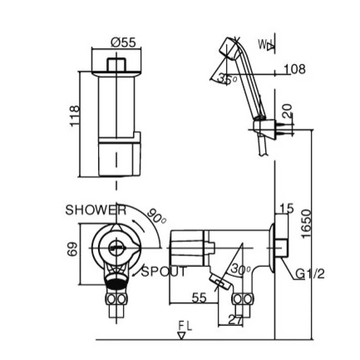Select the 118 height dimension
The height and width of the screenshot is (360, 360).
tap(75, 116)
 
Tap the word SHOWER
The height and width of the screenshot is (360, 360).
tap(96, 210)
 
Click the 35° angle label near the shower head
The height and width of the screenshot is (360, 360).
tap(227, 79)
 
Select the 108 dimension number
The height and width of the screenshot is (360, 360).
tap(295, 69)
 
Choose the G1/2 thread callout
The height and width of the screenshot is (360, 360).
tap(309, 274)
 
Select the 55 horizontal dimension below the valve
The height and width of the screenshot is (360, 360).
tap(199, 298)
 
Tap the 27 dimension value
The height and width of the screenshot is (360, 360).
tap(235, 319)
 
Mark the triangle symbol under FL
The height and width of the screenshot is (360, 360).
tap(181, 336)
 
